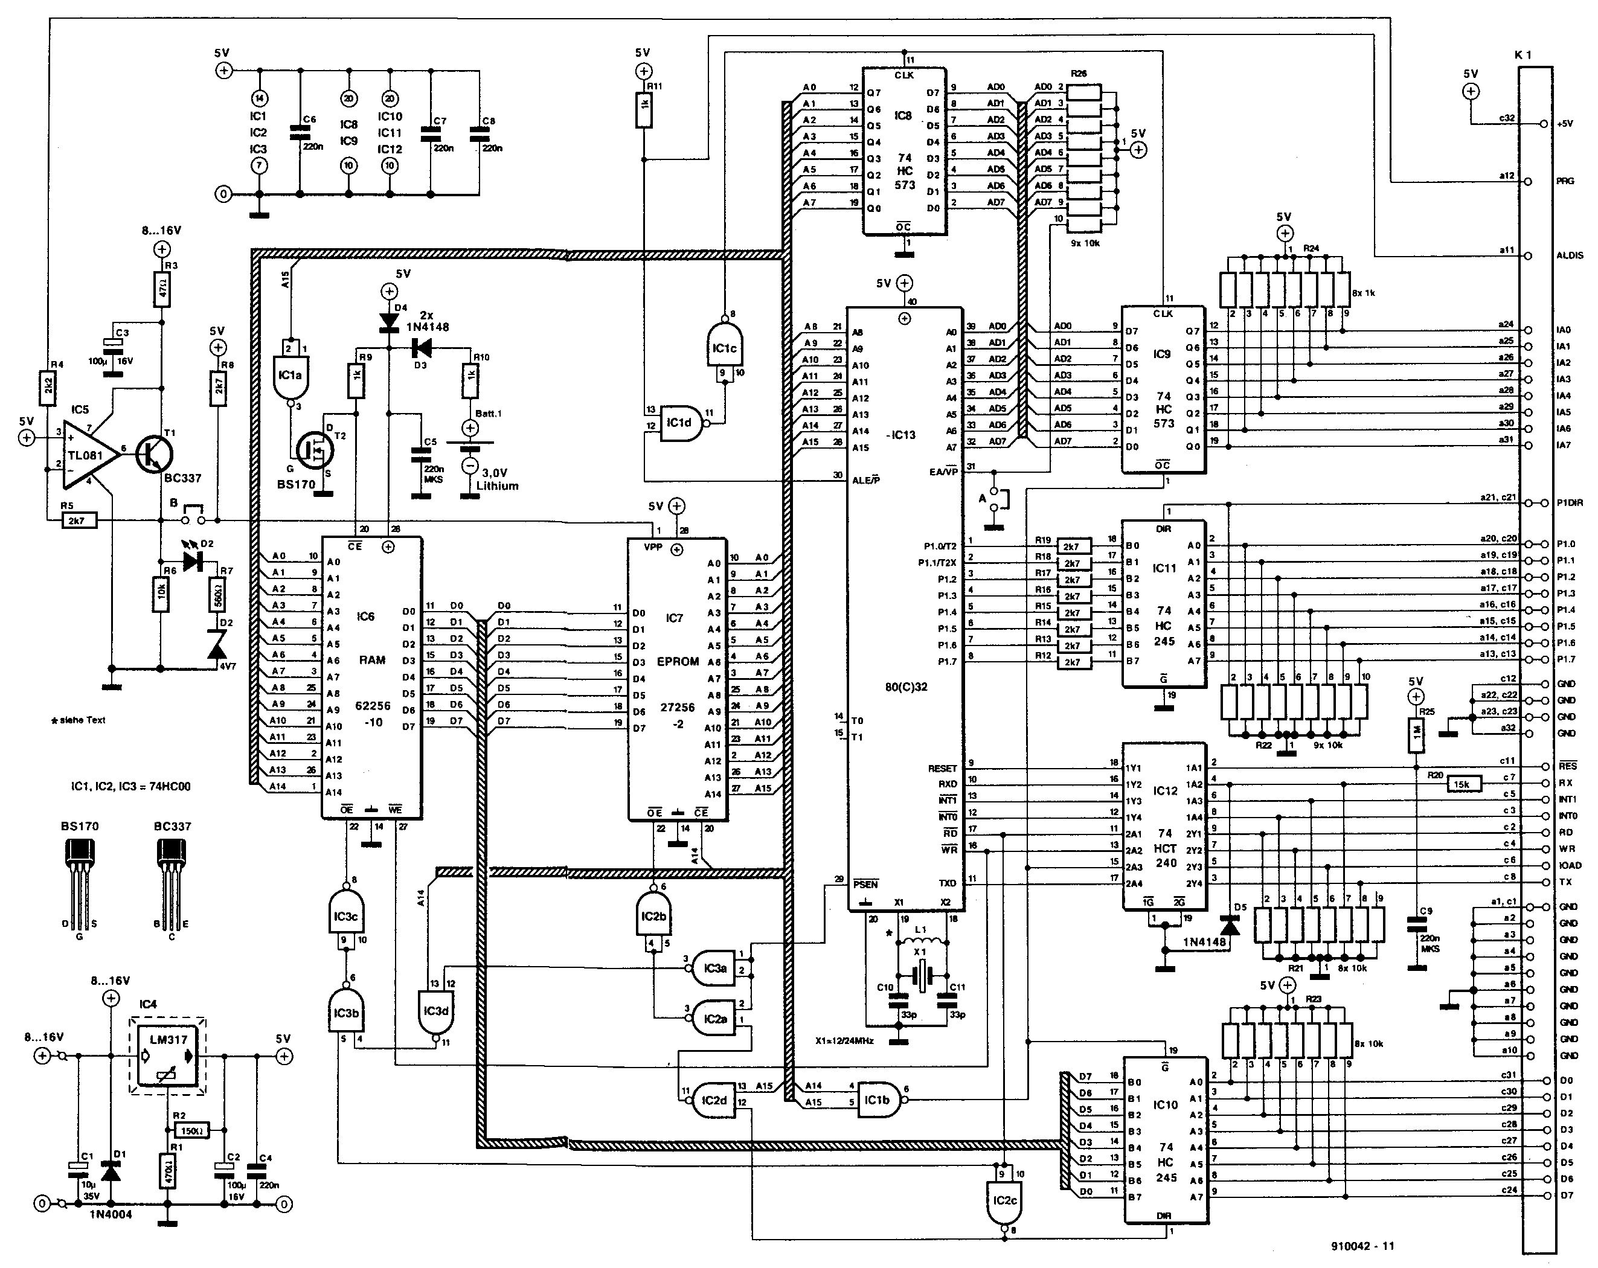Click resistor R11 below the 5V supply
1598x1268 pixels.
643,110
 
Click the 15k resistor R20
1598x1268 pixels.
1462,783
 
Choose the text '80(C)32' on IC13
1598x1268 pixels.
906,687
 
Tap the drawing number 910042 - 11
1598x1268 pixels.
1362,1246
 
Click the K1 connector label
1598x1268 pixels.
1523,55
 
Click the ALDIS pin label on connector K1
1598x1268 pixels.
1570,255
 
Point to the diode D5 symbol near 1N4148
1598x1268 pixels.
1230,926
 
